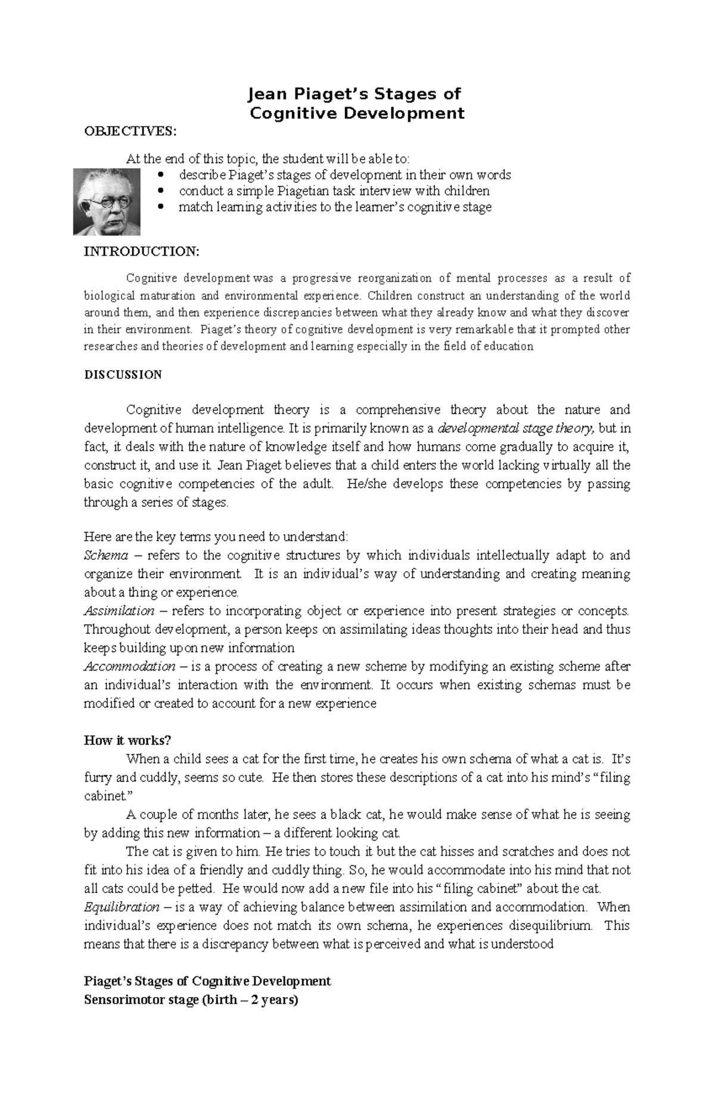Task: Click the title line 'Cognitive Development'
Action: click(x=356, y=113)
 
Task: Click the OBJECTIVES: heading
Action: click(x=130, y=131)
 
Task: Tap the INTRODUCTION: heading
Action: click(x=141, y=252)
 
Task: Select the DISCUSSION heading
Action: click(x=123, y=375)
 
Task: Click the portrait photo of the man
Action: click(x=107, y=202)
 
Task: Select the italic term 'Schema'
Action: click(x=106, y=556)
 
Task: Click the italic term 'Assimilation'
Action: click(x=119, y=611)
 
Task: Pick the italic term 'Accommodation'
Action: click(x=129, y=667)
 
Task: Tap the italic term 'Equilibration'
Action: click(x=122, y=907)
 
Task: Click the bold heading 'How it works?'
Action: click(x=128, y=740)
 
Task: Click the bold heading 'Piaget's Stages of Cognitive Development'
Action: click(x=207, y=981)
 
